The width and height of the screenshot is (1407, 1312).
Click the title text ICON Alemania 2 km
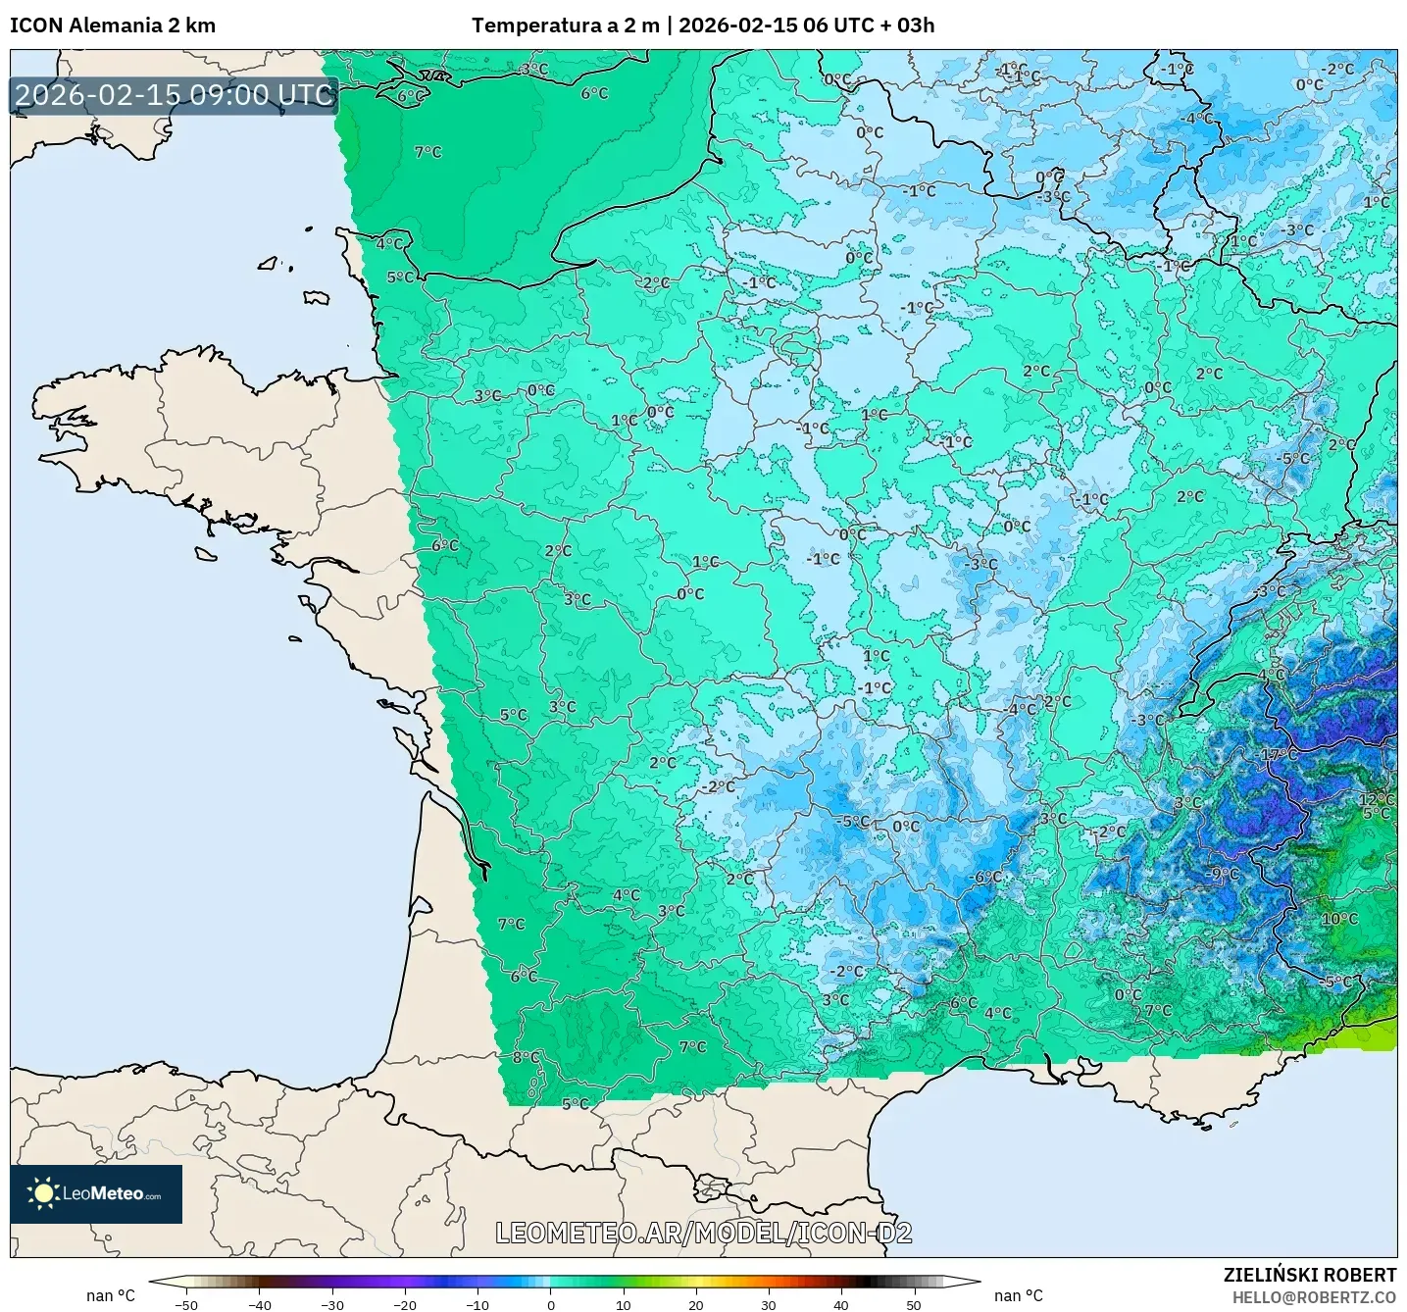coord(113,25)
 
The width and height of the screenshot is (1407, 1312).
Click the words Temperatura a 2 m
coord(566,25)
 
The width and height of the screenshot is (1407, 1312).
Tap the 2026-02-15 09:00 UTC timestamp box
coord(175,95)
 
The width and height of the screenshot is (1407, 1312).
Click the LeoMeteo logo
coord(96,1193)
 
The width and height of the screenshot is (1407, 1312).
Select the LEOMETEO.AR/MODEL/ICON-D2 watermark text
coord(704,1233)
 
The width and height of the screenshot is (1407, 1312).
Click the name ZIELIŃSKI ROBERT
coord(1309,1275)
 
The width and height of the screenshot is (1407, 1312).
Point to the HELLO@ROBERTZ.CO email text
coord(1314,1297)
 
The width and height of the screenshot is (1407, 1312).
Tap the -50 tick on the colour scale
coord(186,1304)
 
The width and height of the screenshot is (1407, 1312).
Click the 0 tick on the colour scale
coord(550,1304)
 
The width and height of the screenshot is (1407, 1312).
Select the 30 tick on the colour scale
coord(768,1304)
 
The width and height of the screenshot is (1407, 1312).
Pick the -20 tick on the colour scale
coord(405,1304)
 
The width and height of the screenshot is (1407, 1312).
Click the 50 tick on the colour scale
coord(913,1304)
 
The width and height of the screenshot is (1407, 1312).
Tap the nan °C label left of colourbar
coord(111,1295)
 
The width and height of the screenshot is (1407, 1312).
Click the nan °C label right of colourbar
coord(1019,1295)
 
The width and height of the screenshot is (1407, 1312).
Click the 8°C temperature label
coord(526,1057)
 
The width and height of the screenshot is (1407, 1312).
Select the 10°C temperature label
coord(1339,919)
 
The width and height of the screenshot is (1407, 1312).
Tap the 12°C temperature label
coord(1376,799)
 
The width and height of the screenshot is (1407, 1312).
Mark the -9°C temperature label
coord(1224,874)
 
